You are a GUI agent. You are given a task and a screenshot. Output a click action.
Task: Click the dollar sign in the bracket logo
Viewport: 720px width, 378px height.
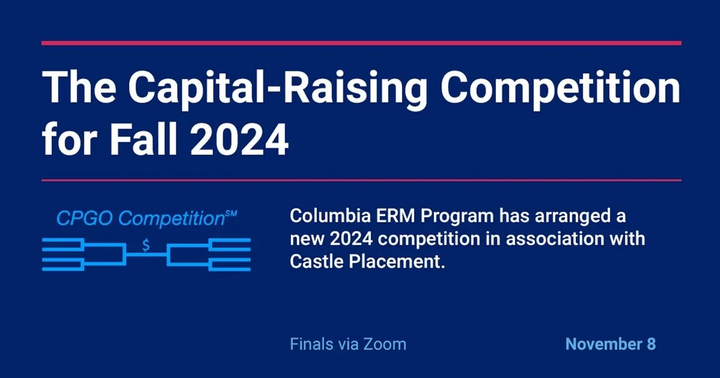146,245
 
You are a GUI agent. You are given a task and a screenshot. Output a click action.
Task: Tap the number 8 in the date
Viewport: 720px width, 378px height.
650,344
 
